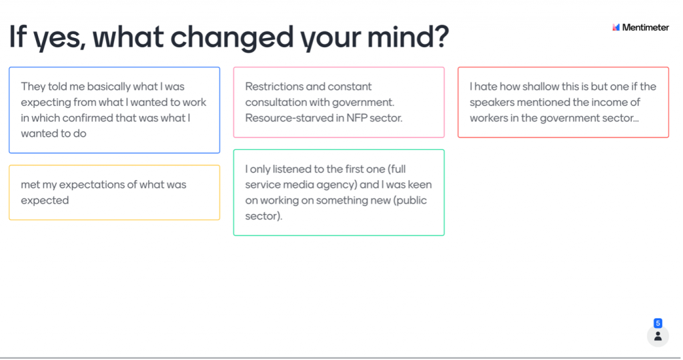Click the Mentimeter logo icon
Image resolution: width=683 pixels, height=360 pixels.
pos(616,27)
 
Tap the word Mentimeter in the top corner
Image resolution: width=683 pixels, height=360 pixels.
pos(645,27)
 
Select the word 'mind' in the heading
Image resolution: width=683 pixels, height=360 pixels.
pos(399,36)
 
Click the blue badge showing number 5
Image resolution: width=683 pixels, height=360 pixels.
pos(658,323)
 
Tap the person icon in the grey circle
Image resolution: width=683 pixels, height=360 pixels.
pos(658,336)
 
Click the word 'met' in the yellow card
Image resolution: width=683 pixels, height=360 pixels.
pos(29,185)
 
